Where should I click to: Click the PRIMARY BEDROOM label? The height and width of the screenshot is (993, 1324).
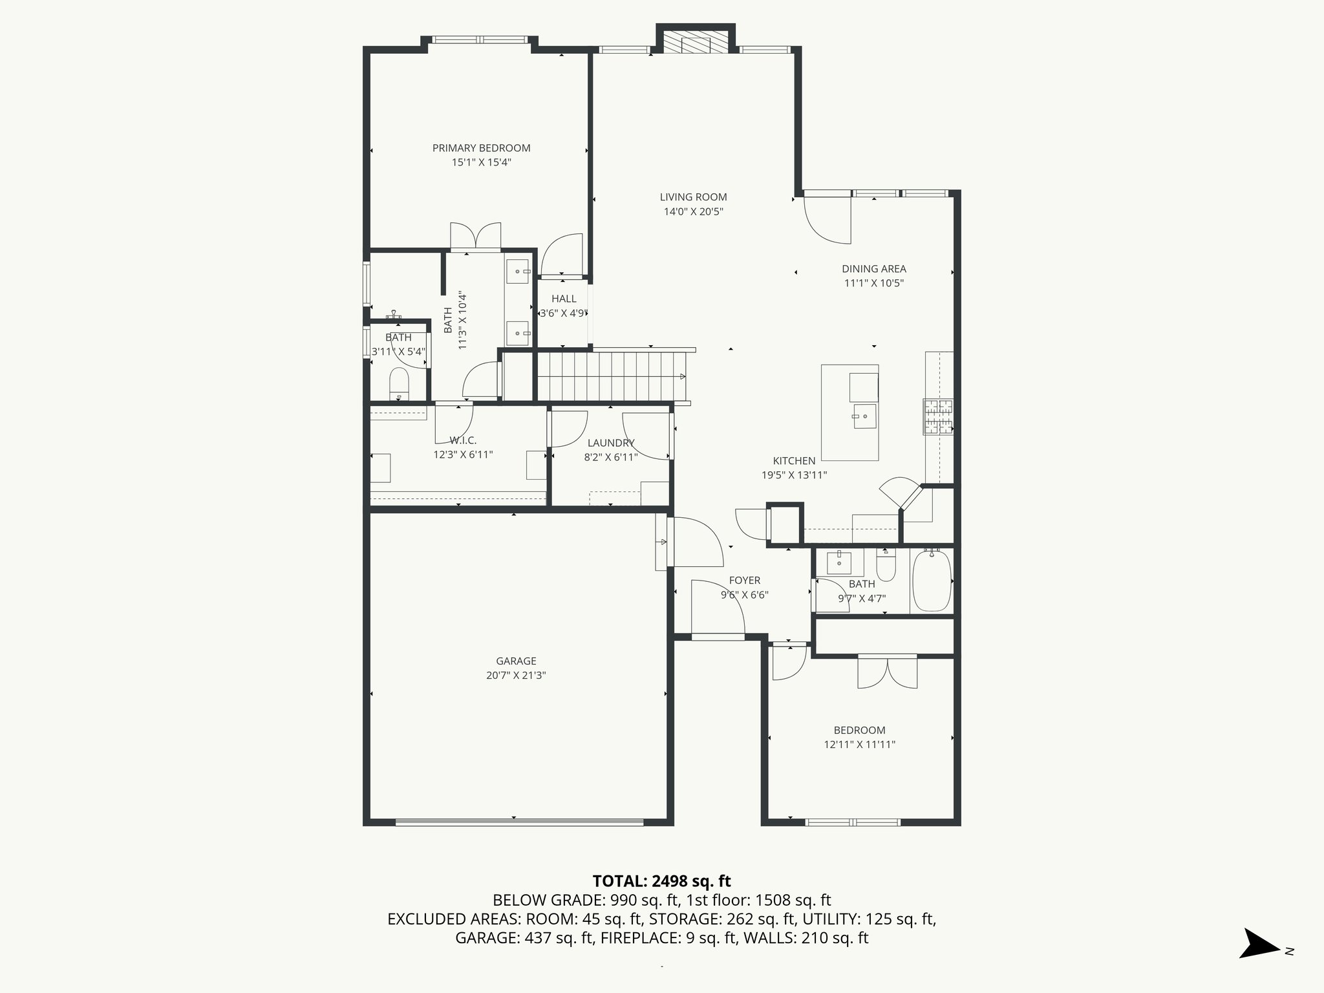(x=481, y=148)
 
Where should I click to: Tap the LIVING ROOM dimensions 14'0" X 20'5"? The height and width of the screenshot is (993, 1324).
(x=693, y=211)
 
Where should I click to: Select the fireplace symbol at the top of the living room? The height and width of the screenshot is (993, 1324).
(x=696, y=43)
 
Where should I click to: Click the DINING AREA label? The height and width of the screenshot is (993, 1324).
(x=873, y=268)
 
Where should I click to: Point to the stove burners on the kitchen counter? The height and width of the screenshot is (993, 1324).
(x=937, y=417)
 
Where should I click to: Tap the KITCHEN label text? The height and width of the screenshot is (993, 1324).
(x=794, y=461)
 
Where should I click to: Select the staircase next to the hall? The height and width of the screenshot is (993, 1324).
(x=611, y=376)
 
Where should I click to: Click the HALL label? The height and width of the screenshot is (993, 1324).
(x=564, y=299)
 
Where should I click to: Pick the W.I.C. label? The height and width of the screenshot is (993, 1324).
(x=463, y=440)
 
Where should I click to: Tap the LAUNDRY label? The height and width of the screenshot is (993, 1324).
(x=610, y=443)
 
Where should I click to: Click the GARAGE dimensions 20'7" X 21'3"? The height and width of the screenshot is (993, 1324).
(x=516, y=675)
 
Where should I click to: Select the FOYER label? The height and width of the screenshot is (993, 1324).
(x=744, y=581)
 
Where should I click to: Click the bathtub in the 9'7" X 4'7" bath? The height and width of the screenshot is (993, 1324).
(x=932, y=581)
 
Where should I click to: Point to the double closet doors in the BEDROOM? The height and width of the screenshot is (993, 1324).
(x=887, y=672)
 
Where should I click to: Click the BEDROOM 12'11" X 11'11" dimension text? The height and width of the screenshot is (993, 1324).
(x=859, y=744)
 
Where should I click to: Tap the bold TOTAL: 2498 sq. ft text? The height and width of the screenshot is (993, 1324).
(x=661, y=881)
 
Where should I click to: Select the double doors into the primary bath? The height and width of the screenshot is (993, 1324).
(x=475, y=236)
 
